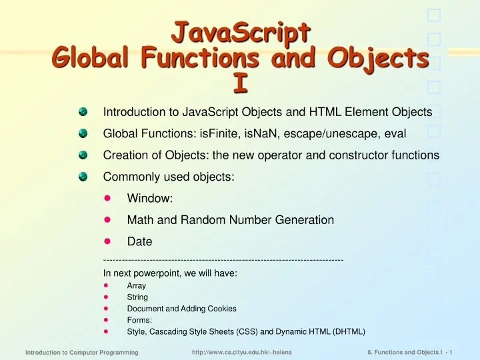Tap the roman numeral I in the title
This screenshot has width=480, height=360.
(240, 82)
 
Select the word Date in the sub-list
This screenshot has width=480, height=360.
(140, 241)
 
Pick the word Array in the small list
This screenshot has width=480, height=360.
(137, 285)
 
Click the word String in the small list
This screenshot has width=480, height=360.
(137, 297)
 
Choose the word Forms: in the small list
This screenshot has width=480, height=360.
(139, 320)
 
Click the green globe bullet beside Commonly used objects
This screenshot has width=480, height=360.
(83, 177)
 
